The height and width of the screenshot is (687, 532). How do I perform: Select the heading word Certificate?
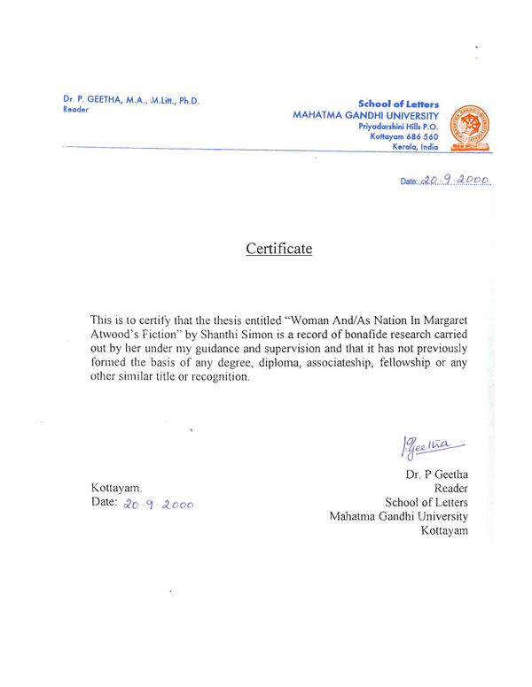pyautogui.click(x=278, y=249)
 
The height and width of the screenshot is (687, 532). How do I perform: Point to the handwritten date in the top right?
pyautogui.click(x=455, y=180)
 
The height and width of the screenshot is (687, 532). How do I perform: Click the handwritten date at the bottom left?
pyautogui.click(x=158, y=503)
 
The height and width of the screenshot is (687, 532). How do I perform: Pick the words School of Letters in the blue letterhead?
pyautogui.click(x=398, y=104)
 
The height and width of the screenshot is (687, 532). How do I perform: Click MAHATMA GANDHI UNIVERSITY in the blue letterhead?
pyautogui.click(x=365, y=116)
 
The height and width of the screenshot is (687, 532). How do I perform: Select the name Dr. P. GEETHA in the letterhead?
pyautogui.click(x=98, y=100)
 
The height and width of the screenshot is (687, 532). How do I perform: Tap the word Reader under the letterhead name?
pyautogui.click(x=76, y=111)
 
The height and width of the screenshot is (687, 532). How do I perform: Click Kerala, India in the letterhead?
pyautogui.click(x=415, y=147)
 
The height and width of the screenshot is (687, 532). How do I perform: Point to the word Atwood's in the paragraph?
pyautogui.click(x=120, y=335)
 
